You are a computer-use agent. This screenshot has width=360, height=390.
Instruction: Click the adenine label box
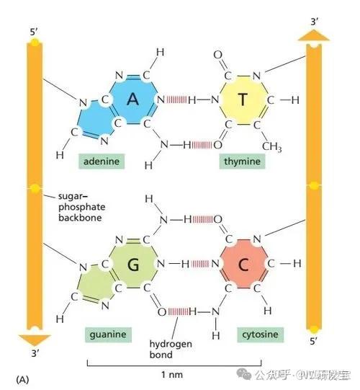(x=102, y=161)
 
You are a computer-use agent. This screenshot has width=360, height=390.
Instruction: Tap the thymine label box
(x=242, y=161)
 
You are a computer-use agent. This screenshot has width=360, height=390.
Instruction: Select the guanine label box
(x=108, y=334)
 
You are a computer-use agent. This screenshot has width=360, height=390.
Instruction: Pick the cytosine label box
(x=260, y=334)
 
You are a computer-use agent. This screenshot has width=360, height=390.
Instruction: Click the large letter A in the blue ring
(x=133, y=99)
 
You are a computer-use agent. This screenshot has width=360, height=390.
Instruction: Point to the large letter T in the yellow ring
(x=243, y=99)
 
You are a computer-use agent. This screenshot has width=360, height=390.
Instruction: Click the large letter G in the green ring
(x=133, y=265)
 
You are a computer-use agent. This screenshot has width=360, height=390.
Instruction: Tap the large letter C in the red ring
(x=243, y=265)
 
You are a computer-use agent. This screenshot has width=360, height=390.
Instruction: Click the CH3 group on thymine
(x=272, y=146)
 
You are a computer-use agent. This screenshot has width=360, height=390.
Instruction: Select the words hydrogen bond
(x=171, y=349)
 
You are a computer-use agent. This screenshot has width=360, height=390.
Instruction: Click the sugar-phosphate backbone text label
(x=82, y=207)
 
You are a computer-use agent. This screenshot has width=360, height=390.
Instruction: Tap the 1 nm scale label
(x=172, y=375)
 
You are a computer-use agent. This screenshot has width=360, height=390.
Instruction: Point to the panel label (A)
(x=22, y=380)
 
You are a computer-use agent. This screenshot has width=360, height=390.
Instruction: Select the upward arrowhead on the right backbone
(x=314, y=35)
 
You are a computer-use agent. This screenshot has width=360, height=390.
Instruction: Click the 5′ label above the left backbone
(x=34, y=32)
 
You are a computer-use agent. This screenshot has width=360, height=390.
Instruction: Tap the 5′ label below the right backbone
(x=313, y=341)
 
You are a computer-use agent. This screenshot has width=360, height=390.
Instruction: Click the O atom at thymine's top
(x=217, y=55)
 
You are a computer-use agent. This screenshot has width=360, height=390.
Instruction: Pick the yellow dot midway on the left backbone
(x=35, y=188)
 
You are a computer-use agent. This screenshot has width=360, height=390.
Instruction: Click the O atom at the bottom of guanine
(x=162, y=311)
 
